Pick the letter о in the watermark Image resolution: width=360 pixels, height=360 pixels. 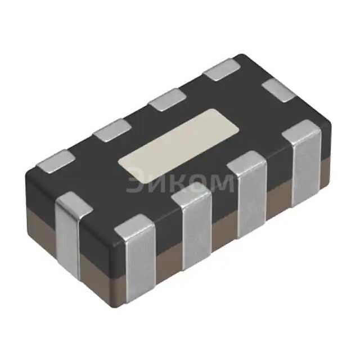tap(199, 183)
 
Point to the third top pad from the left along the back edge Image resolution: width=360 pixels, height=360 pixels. tap(168, 100)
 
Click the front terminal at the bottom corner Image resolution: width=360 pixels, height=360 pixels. tap(136, 264)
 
